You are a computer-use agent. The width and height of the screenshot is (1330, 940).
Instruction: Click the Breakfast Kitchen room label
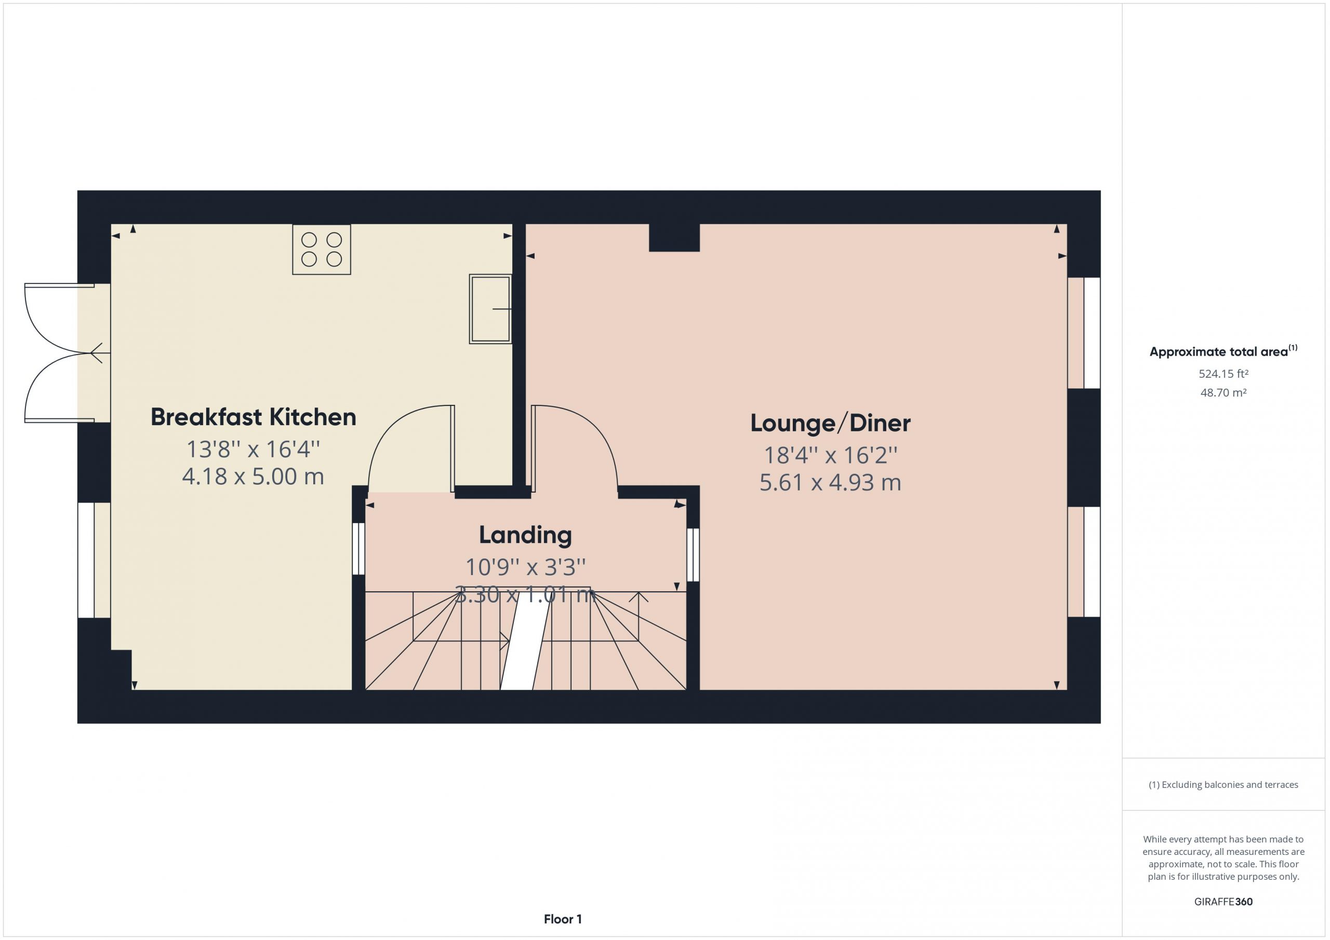click(253, 417)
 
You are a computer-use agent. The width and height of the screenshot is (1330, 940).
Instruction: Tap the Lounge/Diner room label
click(830, 423)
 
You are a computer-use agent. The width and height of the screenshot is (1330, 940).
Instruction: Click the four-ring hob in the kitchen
click(322, 250)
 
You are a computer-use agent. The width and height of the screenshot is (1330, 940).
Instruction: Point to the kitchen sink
click(490, 309)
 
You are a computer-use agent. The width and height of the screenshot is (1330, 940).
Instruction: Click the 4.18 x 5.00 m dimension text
click(253, 476)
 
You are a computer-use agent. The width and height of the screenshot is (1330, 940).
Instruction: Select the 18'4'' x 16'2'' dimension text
click(830, 455)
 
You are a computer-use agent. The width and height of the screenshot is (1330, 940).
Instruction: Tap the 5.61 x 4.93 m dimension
click(830, 483)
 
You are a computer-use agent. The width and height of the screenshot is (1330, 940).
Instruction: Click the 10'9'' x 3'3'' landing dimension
click(525, 567)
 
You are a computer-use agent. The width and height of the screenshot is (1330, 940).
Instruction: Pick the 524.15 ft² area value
click(1223, 374)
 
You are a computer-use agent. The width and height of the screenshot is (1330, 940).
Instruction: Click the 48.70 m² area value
click(1223, 392)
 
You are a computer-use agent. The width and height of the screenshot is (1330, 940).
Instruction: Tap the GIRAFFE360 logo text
click(1223, 902)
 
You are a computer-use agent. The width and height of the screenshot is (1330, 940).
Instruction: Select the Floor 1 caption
click(563, 919)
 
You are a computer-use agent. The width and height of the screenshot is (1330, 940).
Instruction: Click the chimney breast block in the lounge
click(674, 238)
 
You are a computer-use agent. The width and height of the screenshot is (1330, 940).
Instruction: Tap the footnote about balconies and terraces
click(1223, 785)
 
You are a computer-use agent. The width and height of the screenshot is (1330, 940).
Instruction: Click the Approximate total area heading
click(1223, 351)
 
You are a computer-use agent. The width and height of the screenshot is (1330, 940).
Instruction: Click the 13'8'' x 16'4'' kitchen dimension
click(253, 449)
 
